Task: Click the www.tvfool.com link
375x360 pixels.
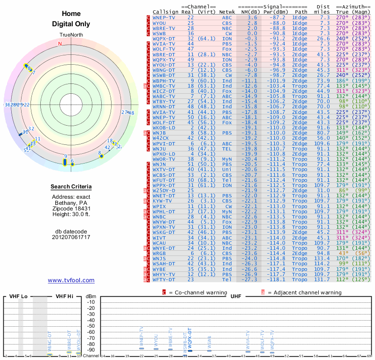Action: [x=71, y=280]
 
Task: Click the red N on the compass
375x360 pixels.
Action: [x=60, y=44]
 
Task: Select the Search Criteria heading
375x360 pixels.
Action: [x=71, y=187]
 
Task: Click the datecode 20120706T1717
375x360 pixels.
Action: [x=71, y=237]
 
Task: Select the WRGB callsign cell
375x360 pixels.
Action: [x=159, y=253]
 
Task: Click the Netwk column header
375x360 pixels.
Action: [x=226, y=11]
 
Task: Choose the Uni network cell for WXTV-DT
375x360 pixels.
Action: [x=226, y=169]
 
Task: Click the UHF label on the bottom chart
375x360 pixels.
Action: [x=236, y=296]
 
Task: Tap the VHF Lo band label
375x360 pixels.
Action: [x=19, y=296]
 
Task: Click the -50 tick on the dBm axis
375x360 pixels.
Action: [x=90, y=326]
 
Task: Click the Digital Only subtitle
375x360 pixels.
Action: [x=71, y=24]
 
